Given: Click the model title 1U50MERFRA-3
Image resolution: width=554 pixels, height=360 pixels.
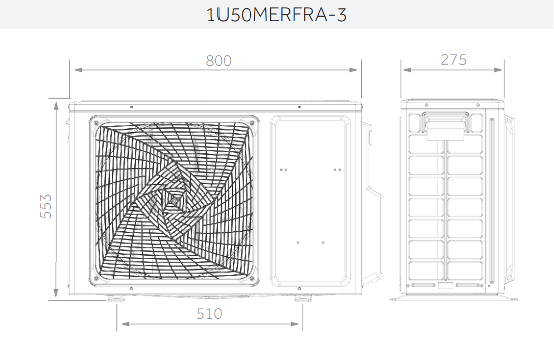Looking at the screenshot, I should coord(276,15).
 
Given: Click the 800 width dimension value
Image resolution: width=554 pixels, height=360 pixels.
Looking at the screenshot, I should coord(218,61).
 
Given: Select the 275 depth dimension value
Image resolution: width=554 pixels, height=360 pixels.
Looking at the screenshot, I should coord(454,60).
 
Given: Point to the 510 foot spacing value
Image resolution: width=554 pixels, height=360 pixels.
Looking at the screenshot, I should coord(209,314).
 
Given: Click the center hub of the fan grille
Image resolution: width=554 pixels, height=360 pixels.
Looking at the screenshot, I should coord(173,200).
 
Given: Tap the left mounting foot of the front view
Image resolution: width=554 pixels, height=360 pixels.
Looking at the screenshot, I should coord(116,299).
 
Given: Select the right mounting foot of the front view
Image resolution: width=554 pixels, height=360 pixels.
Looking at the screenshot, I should coord(303,299).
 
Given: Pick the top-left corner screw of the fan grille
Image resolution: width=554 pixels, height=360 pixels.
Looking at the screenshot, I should coord(95,122).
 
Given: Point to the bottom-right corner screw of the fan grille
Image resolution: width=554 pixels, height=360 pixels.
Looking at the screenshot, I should coord(252,278).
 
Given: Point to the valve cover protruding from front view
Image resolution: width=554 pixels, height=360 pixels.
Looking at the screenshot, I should coord(372,162).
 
